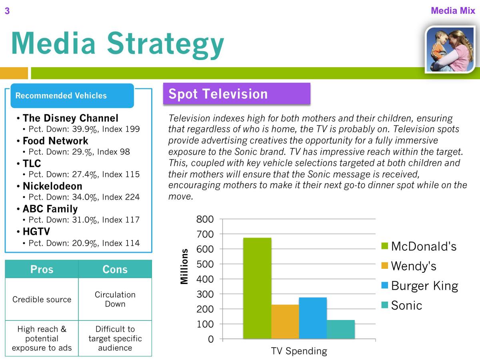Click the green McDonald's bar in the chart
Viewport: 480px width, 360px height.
257,288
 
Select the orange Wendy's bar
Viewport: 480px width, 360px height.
285,322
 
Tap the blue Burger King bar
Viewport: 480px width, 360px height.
313,318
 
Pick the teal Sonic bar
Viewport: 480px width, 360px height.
341,329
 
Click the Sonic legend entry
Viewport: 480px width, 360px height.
402,305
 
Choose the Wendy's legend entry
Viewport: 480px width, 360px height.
408,266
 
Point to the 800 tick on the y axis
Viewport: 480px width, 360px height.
205,219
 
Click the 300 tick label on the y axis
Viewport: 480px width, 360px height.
205,294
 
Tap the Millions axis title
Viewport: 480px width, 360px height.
184,266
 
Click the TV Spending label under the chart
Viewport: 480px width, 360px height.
299,351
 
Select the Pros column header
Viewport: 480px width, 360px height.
42,269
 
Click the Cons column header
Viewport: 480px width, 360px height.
115,269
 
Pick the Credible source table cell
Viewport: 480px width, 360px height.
42,299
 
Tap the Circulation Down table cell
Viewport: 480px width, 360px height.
115,299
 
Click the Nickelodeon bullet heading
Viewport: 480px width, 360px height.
52,186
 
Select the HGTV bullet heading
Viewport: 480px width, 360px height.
36,232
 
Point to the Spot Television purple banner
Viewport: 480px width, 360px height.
237,94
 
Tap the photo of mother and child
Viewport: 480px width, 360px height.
450,49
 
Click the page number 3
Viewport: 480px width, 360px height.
7,11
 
